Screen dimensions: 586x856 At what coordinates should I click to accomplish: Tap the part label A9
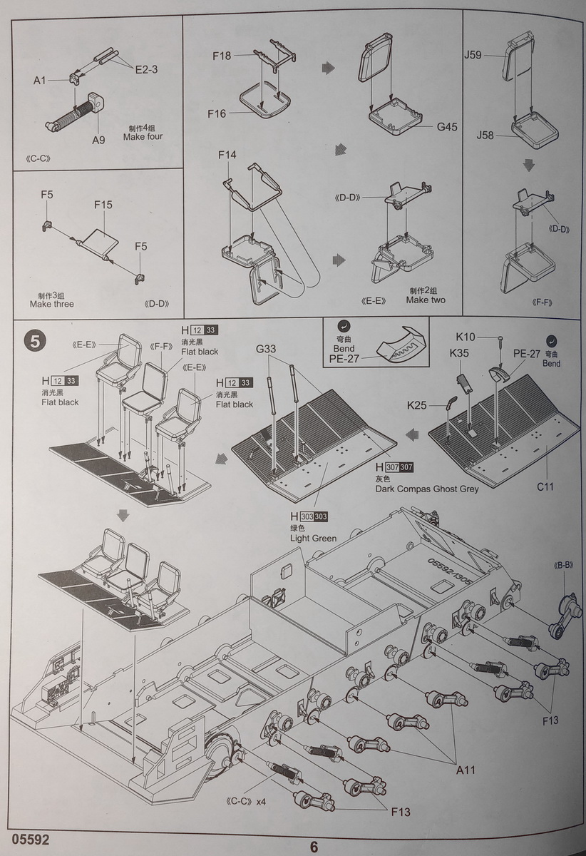click(98, 140)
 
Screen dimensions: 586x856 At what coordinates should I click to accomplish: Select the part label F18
click(222, 55)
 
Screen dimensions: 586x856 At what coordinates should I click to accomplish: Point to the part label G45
click(447, 127)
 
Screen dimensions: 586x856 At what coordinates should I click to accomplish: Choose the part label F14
click(227, 155)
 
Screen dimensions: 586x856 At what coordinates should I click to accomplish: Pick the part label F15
click(103, 205)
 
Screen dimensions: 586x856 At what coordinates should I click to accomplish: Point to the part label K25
click(418, 405)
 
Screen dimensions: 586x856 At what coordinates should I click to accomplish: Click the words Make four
click(143, 136)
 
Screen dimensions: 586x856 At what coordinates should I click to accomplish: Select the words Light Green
click(313, 538)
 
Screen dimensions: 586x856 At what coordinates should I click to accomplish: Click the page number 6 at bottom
click(314, 847)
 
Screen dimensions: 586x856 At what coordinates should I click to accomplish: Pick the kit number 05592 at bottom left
click(30, 840)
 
